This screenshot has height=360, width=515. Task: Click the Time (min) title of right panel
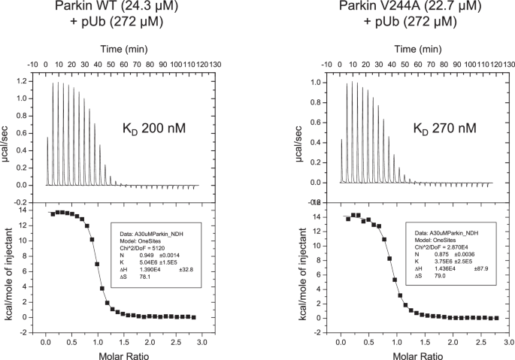[418, 48]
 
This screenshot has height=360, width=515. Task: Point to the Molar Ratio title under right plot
[418, 352]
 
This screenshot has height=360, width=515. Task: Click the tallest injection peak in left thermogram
[53, 82]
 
